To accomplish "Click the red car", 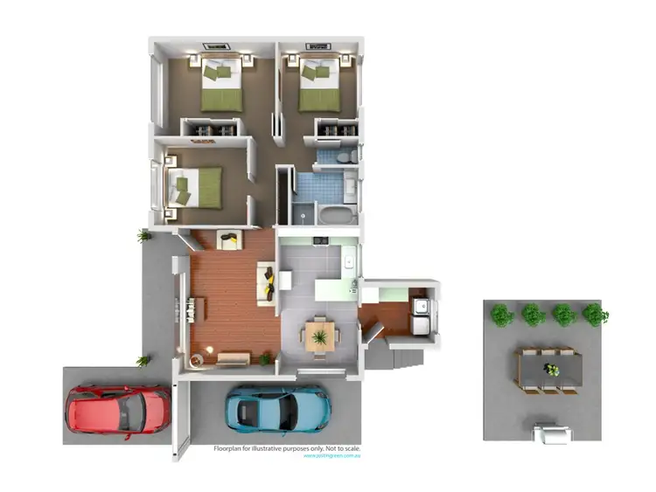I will pos(118,410).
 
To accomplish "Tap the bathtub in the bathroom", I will pos(334,215).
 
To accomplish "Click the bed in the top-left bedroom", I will pos(221,85).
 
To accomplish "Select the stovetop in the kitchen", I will pos(319,239).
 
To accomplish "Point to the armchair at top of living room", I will pos(229,239).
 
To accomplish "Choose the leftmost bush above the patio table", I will pos(501,315).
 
